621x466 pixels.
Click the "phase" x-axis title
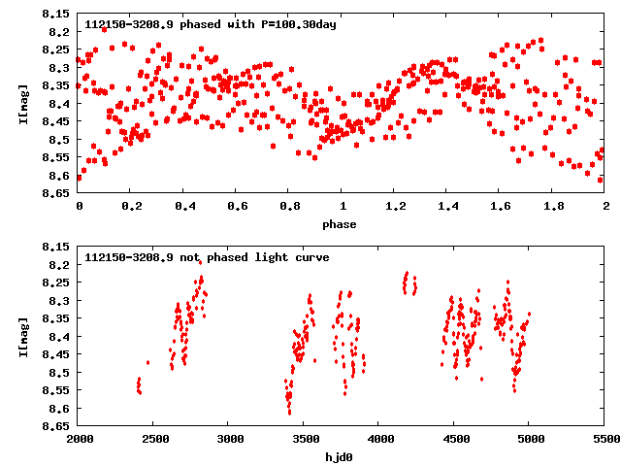[x=341, y=225]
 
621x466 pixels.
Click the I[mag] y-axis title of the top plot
[x=24, y=104]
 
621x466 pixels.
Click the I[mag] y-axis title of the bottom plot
[x=24, y=337]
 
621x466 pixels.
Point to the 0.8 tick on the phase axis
[x=289, y=207]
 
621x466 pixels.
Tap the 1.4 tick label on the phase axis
[x=447, y=207]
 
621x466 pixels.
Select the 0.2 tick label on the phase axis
[x=131, y=207]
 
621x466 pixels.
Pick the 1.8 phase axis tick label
[x=552, y=207]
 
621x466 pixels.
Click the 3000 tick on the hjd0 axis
[x=229, y=440]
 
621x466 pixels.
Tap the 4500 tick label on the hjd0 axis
[x=454, y=440]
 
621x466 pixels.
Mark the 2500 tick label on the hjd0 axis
[x=154, y=440]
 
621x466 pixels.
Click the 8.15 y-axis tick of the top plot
[x=56, y=15]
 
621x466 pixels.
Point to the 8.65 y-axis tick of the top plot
[x=56, y=193]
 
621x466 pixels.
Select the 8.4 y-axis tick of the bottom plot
[x=56, y=337]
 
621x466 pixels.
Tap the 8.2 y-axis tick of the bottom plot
[x=56, y=265]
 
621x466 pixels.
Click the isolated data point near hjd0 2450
[x=147, y=362]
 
